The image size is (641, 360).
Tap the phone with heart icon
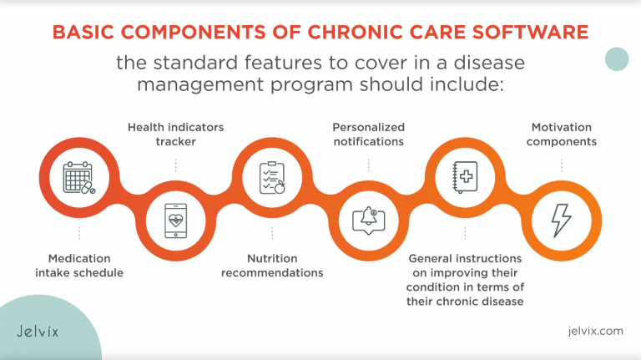click(x=175, y=221)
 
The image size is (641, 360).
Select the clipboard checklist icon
click(x=272, y=178)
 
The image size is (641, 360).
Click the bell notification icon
click(x=368, y=221)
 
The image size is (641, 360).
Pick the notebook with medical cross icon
click(x=464, y=178)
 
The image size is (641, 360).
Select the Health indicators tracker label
click(x=175, y=134)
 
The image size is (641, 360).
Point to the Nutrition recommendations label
click(x=272, y=266)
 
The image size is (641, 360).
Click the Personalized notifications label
click(x=368, y=134)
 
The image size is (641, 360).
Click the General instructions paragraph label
click(x=466, y=280)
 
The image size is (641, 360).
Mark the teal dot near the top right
click(x=616, y=58)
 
